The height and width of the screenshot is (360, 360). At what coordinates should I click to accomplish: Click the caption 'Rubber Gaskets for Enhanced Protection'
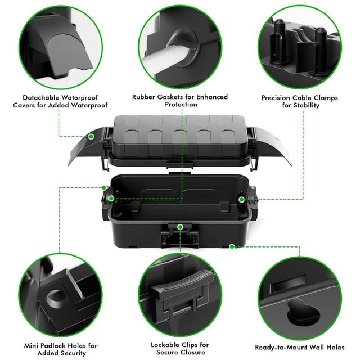click(x=181, y=101)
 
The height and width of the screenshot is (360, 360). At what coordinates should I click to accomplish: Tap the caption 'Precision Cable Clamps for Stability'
click(x=299, y=101)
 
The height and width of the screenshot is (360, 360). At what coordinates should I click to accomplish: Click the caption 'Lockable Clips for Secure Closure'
click(x=180, y=349)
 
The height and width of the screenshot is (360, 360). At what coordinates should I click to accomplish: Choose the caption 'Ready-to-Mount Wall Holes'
click(x=299, y=347)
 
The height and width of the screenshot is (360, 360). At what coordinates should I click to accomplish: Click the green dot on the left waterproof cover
click(x=91, y=136)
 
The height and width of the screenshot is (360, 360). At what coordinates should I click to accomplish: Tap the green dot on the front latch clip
click(x=180, y=227)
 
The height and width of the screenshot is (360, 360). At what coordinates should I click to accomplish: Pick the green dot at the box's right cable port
click(x=241, y=199)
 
